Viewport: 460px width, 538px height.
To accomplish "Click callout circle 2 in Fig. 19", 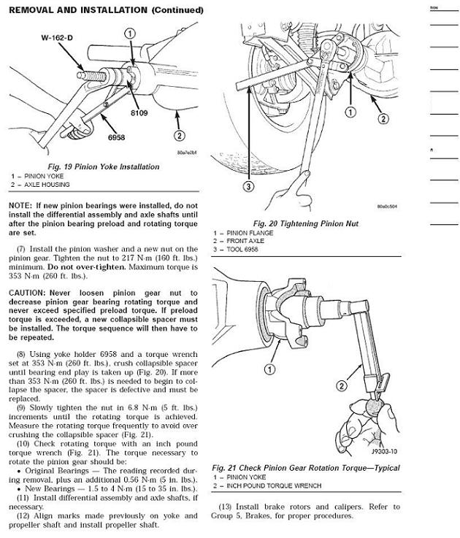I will tap(179, 134).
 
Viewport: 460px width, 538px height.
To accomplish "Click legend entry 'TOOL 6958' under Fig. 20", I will tap(244, 250).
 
